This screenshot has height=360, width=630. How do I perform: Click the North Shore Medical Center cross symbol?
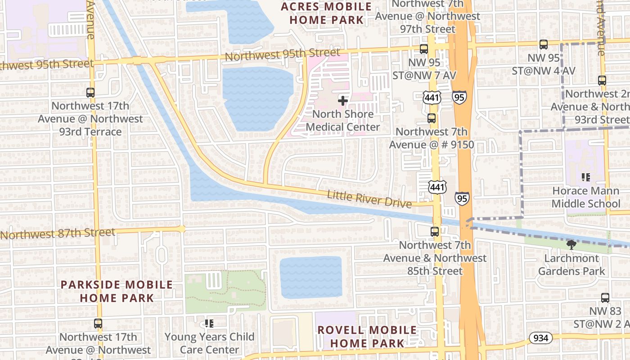coord(343,100)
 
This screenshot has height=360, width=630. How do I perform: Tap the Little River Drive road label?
coord(369,199)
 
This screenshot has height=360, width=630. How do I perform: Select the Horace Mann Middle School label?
coord(585,197)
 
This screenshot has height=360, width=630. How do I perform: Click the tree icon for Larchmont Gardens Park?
coord(571,245)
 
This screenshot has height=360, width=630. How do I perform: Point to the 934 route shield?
coord(540,338)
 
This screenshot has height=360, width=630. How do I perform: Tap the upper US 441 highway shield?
coord(432,97)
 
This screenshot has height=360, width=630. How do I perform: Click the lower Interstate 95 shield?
coord(462,198)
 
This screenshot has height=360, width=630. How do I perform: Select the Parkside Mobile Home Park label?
coord(117,291)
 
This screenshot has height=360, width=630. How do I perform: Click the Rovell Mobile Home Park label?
coord(367,337)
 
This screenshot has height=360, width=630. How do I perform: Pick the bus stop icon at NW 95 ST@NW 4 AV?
coord(544,45)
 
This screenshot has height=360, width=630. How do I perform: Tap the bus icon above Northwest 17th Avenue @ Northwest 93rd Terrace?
coord(90,93)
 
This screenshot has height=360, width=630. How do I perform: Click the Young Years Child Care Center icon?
coord(209,323)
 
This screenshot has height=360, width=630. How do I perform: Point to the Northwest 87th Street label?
coord(58,234)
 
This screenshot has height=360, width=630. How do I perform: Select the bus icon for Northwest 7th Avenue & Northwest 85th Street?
coord(435,232)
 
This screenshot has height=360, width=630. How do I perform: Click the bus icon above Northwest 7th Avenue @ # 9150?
coord(432,118)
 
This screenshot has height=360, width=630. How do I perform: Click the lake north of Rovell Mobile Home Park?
coord(310,277)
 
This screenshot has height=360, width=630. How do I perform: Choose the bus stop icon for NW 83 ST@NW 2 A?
coord(605,297)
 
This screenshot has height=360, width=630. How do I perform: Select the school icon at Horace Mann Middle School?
coord(585,177)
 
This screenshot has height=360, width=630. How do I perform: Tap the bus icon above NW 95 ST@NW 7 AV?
coord(424,49)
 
